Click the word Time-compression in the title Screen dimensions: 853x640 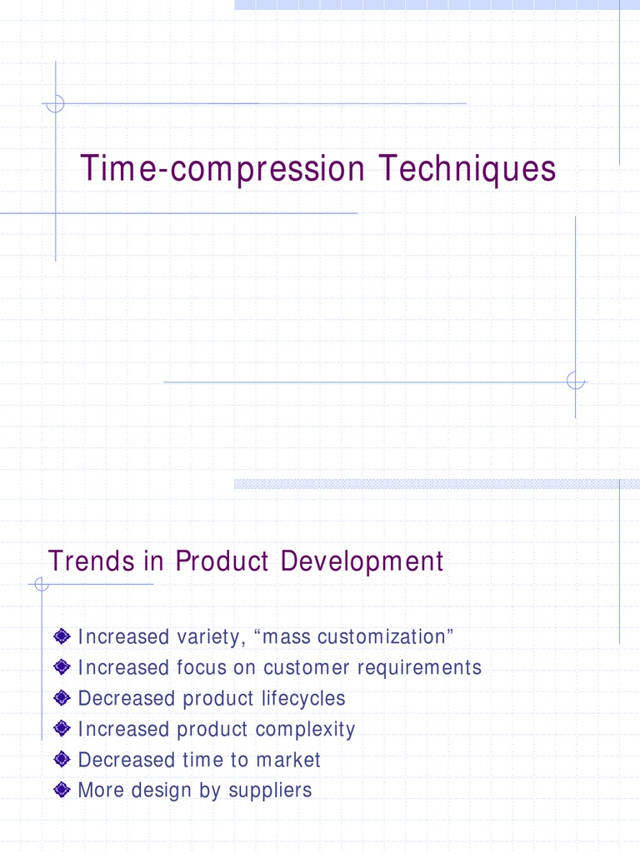(x=222, y=170)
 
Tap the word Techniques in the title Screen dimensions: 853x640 (x=467, y=170)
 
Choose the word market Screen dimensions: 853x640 (x=288, y=760)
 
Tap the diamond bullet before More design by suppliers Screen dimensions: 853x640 (x=60, y=791)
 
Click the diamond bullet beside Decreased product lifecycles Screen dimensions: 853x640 (x=60, y=699)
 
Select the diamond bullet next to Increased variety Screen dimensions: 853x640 (x=60, y=637)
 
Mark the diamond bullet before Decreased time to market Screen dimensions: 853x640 (x=60, y=760)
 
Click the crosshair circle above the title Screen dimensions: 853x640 (x=56, y=104)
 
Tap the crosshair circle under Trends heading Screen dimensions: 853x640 (x=42, y=585)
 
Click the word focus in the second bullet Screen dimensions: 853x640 (x=196, y=668)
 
